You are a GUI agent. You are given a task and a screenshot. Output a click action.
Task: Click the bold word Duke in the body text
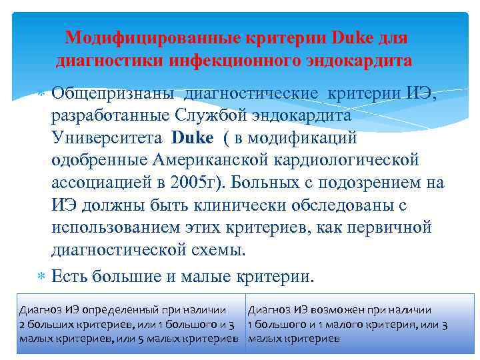[191, 138]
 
